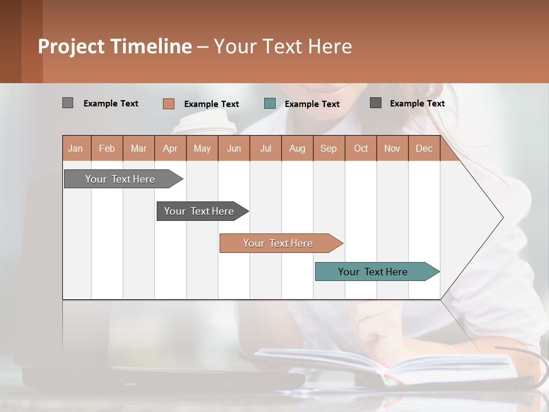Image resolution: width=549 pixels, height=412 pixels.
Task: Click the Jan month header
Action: [75, 148]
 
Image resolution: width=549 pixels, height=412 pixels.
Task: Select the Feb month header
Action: [107, 148]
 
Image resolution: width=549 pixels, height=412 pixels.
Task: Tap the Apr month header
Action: [170, 148]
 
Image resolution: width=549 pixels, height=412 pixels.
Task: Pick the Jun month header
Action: [234, 148]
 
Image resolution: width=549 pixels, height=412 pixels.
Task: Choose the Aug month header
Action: [297, 148]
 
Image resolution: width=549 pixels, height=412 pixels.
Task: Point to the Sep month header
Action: [328, 148]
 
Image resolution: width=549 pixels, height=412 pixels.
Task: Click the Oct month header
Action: [361, 148]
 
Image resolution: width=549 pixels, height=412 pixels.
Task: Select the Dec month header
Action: [424, 148]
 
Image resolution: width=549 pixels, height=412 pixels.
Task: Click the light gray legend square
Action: [67, 103]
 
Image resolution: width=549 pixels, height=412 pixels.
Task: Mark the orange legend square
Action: [168, 104]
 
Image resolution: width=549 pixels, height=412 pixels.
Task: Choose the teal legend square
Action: [270, 104]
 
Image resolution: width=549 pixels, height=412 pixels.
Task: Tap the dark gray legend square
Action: [376, 103]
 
